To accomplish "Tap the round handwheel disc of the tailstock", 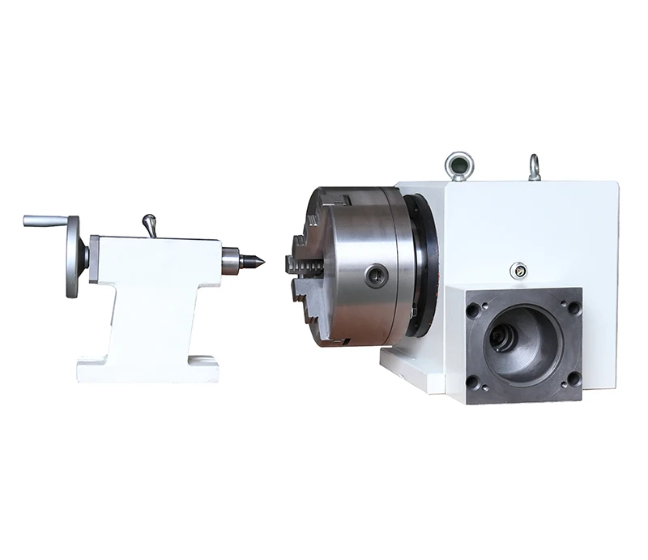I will point(74,257).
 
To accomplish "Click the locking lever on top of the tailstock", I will point(149,224).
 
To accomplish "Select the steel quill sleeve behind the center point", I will point(231,261).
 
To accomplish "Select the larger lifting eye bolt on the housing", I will point(458,166).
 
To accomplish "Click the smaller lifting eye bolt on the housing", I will point(534,168).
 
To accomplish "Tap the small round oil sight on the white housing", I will point(516,270).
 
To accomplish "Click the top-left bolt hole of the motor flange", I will point(473,310).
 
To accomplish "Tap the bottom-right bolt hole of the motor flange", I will point(573,378).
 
